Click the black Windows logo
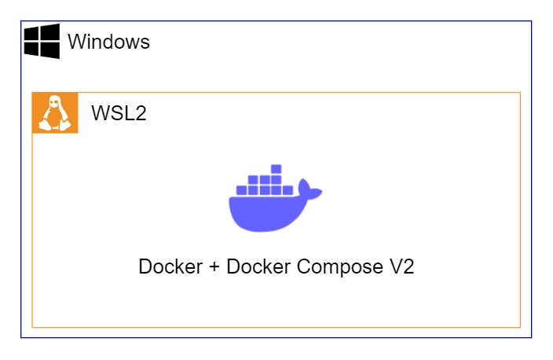(42, 41)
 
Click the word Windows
(108, 42)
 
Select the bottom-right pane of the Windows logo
(50, 50)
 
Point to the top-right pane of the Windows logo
(50, 31)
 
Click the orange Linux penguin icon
(55, 113)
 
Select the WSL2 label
(119, 113)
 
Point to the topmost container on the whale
(276, 168)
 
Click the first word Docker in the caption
(170, 266)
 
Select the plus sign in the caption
(214, 267)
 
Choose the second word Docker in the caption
(258, 266)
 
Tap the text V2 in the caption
(401, 266)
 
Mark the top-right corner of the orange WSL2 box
(520, 93)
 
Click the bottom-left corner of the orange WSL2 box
(32, 326)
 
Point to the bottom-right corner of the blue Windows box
(532, 337)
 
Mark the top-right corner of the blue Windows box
(532, 21)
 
